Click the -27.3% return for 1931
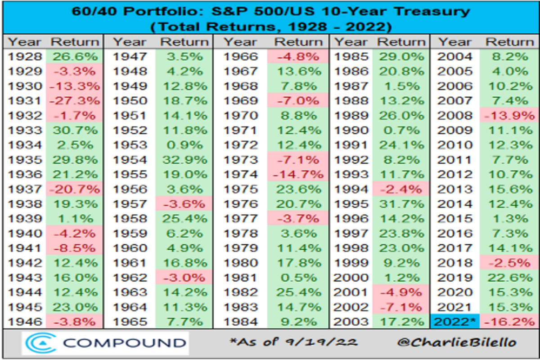(x=75, y=101)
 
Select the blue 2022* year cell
(x=455, y=322)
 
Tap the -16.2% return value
(x=510, y=322)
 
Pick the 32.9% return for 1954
(x=184, y=160)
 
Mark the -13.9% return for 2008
(x=510, y=116)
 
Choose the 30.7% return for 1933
(x=75, y=130)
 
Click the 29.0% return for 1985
(x=402, y=57)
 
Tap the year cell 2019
(x=455, y=278)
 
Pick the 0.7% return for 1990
(x=402, y=130)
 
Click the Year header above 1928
(x=25, y=42)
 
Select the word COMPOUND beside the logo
(x=124, y=343)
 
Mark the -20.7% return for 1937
(x=75, y=189)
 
